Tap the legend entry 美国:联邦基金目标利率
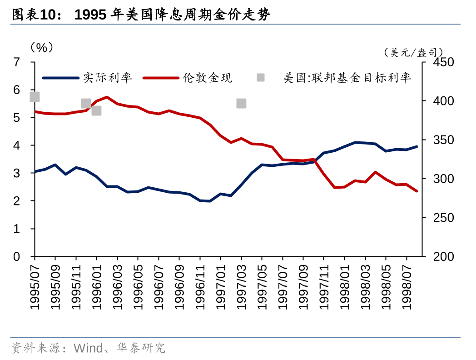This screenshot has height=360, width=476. click(347, 78)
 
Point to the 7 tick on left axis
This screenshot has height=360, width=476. click(17, 62)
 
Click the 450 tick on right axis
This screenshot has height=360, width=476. click(443, 62)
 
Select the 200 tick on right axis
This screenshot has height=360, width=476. click(443, 257)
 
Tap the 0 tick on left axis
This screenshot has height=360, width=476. click(17, 257)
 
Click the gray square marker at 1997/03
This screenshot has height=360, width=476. click(241, 103)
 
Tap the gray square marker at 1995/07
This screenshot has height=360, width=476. click(35, 97)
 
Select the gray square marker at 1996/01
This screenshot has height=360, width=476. click(96, 110)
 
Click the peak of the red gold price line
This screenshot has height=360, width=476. click(107, 97)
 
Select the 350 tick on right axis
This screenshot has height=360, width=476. click(443, 140)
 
